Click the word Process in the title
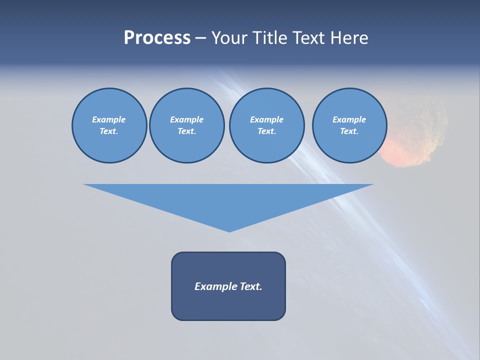coord(157,38)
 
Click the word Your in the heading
coord(229,38)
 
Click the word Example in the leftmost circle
coord(109,119)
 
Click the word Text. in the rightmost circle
coord(349,131)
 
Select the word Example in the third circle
coord(266,119)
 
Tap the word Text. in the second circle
coord(187,131)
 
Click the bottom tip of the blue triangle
coord(229,230)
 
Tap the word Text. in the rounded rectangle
coord(251,286)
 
